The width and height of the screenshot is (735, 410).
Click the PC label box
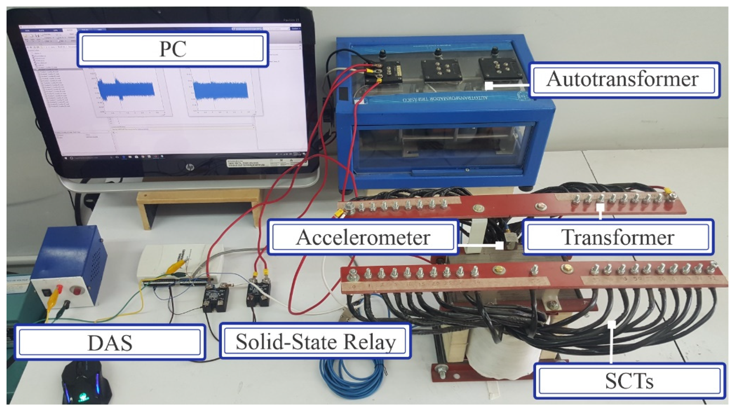click(172, 49)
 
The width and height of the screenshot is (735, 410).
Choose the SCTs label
click(629, 381)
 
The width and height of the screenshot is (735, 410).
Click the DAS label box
click(110, 342)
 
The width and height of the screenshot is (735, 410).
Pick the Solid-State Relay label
click(315, 341)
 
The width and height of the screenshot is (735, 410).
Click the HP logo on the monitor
click(189, 167)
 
